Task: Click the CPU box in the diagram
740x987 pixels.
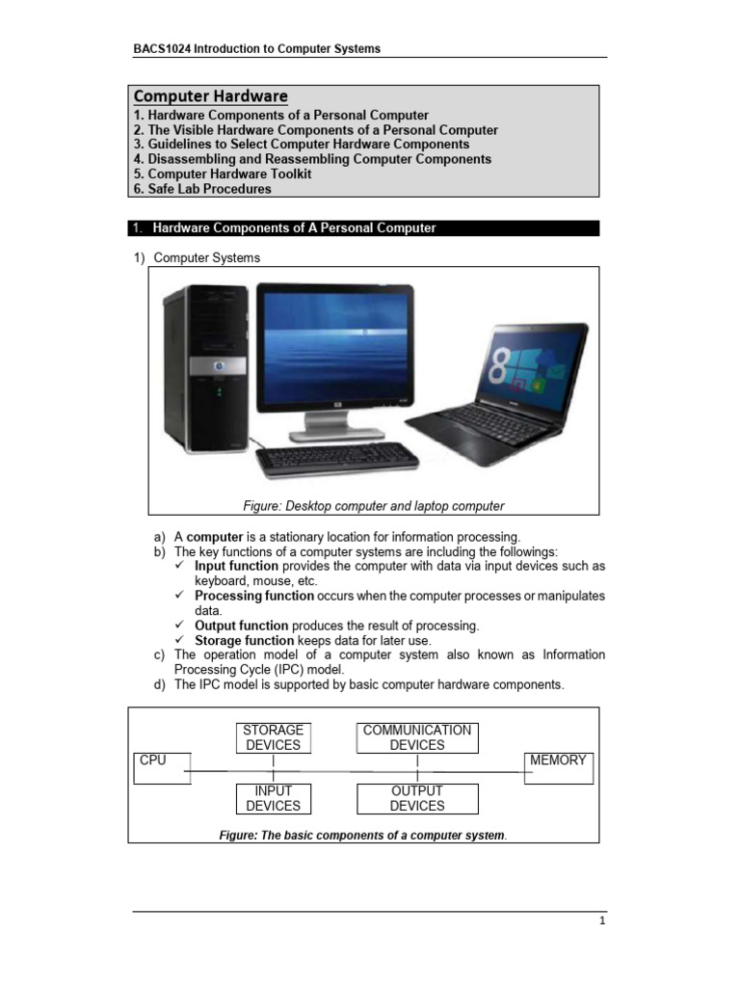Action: (162, 767)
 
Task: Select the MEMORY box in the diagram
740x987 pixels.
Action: (558, 767)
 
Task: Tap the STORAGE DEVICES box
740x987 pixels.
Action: (274, 737)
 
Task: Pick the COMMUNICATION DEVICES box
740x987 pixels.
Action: (417, 737)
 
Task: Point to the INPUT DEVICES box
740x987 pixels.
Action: (274, 798)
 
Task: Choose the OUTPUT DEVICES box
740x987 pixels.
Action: (417, 798)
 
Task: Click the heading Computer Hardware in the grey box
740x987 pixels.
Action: (210, 96)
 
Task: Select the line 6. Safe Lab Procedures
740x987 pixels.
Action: (202, 189)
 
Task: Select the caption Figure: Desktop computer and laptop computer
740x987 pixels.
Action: (373, 506)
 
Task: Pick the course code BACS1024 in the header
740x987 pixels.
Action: (162, 48)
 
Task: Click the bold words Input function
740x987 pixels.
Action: (237, 567)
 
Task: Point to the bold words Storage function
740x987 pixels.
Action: (244, 640)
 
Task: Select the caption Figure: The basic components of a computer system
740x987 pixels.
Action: (363, 835)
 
